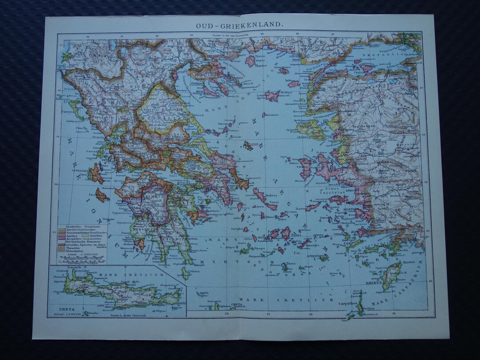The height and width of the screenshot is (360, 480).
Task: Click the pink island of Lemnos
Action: pos(272,96)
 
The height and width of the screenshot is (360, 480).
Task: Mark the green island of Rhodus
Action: pos(391,276)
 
